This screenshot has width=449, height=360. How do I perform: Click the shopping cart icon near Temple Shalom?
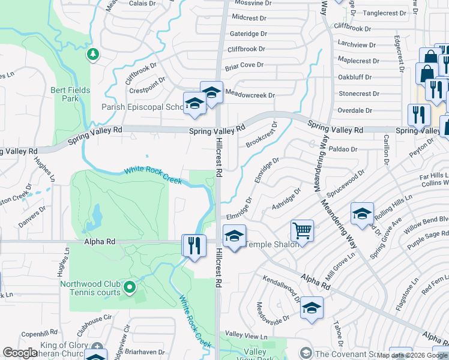[302, 230]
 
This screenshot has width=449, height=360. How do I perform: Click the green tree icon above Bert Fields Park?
[92, 55]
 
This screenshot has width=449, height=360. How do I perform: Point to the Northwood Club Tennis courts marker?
[130, 288]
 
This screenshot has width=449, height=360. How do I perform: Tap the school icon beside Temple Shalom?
[234, 235]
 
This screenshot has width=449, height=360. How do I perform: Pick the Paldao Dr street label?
[343, 148]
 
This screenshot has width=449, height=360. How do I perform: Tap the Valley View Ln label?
[246, 335]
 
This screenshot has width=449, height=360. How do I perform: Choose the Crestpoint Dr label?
[147, 85]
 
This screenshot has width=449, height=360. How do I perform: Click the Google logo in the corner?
[20, 353]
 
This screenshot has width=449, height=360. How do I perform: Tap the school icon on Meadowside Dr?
[312, 308]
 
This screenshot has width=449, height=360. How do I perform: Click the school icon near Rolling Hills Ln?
[362, 214]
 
